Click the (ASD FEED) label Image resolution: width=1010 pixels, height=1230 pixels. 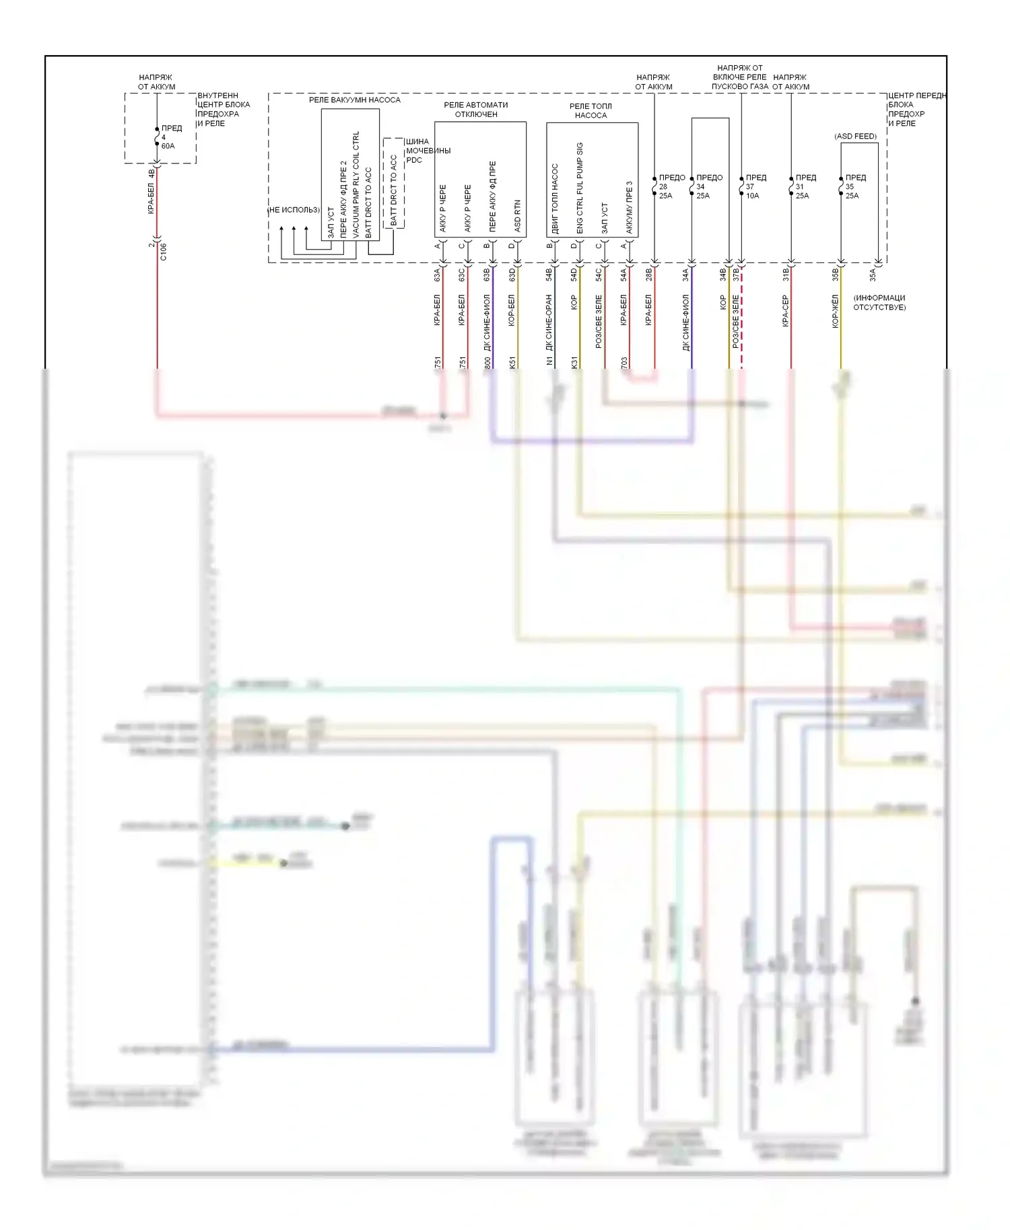click(x=855, y=136)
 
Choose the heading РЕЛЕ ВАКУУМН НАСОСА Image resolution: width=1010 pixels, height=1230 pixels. click(x=354, y=100)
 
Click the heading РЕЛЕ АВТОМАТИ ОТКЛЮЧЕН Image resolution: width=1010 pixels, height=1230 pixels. click(x=475, y=110)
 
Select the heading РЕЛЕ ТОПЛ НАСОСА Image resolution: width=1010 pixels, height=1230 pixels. click(x=591, y=110)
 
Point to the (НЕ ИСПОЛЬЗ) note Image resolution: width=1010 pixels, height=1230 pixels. click(x=294, y=210)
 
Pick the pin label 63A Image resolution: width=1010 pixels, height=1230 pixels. click(x=437, y=275)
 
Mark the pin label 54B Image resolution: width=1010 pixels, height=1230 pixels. click(x=549, y=275)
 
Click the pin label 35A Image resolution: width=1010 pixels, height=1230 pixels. click(x=873, y=275)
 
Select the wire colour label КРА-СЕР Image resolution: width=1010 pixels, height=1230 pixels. click(x=785, y=311)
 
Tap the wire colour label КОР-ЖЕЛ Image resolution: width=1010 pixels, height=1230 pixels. click(x=835, y=311)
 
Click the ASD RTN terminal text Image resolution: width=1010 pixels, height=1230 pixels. click(x=517, y=216)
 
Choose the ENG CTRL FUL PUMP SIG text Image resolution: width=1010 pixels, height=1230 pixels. click(x=580, y=188)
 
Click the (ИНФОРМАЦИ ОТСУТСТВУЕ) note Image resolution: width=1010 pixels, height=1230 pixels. click(x=879, y=302)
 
